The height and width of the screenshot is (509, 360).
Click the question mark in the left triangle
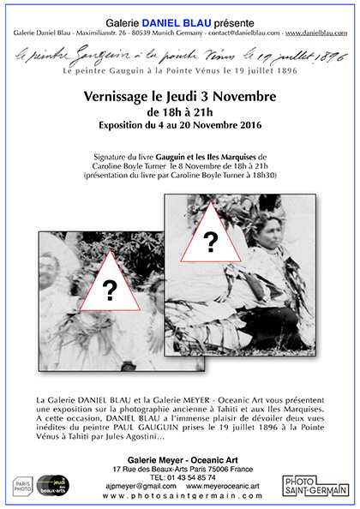coord(110,290)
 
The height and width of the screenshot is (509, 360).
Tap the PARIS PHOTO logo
coord(23,487)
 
